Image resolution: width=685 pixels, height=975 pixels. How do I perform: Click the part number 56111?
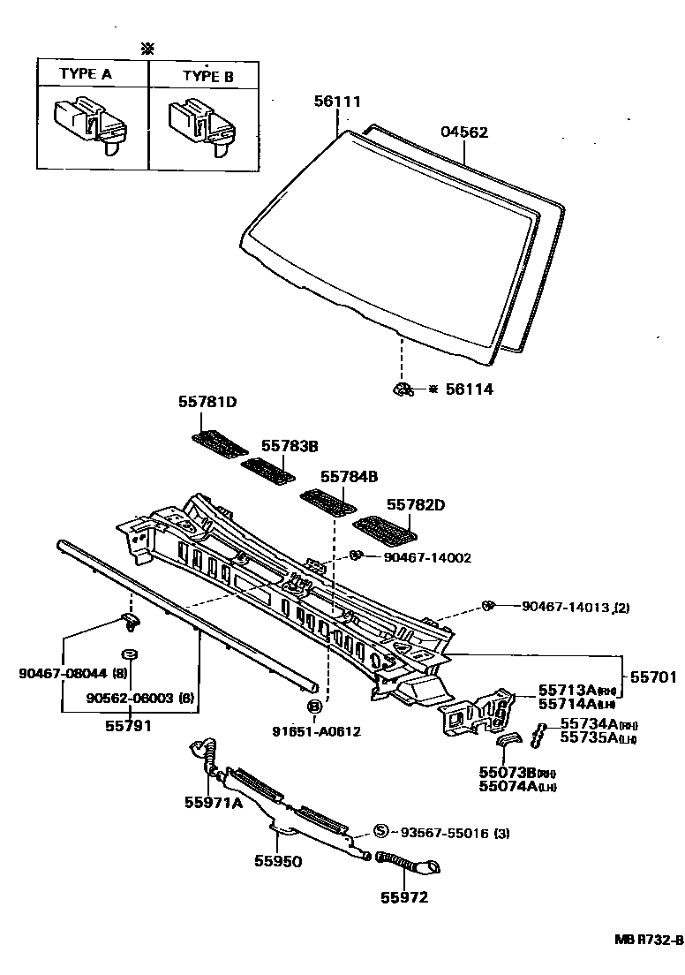tap(337, 102)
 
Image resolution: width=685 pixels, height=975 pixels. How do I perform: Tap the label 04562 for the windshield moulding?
tap(464, 132)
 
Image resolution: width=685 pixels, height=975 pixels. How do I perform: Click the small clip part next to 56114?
tap(403, 389)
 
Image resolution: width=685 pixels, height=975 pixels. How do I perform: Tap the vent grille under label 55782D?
tap(386, 533)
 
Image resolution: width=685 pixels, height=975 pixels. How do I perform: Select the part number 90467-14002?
tap(427, 557)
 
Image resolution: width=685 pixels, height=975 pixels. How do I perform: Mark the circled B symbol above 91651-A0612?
tap(313, 706)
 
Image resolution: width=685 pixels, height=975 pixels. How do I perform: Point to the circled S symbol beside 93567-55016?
tap(380, 831)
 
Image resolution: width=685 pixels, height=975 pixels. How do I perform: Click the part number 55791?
tap(129, 726)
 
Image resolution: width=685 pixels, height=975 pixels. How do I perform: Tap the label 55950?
tap(278, 860)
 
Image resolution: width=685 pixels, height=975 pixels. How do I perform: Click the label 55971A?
tap(213, 802)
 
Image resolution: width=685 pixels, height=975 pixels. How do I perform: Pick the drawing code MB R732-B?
tap(649, 940)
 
